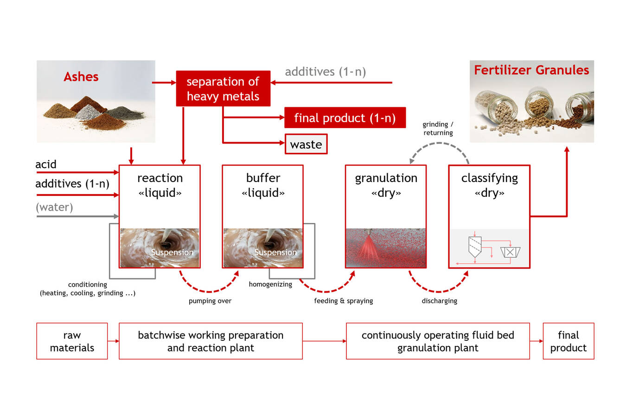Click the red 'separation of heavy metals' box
coord(223,88)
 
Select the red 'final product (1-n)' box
coord(345,118)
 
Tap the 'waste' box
coord(306,144)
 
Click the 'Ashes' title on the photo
coord(81,77)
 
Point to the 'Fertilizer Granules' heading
coord(531,70)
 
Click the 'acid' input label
coord(46,164)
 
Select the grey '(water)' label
coord(55,207)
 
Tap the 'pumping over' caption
coord(210,301)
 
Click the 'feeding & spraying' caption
coord(344,301)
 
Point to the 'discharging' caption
coord(439,301)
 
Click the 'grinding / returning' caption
coord(438,129)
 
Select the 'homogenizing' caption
coord(270,284)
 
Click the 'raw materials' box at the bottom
coord(72,341)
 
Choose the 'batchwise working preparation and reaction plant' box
coord(211,341)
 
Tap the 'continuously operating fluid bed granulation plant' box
coord(438,341)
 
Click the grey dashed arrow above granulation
coord(439,144)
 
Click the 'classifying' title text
coord(489,178)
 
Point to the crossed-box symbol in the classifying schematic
coord(510,252)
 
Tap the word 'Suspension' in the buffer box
coord(275,253)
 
